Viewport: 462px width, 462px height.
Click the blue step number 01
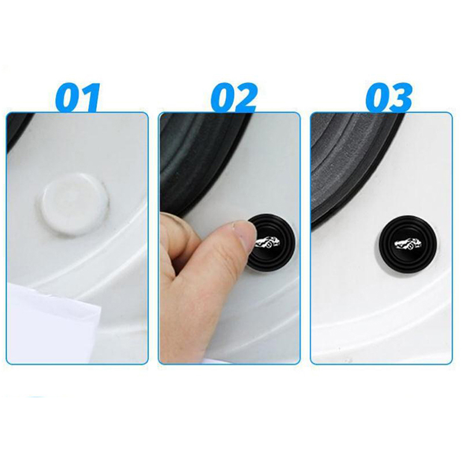(x=78, y=97)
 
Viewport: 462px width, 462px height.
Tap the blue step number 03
(x=389, y=98)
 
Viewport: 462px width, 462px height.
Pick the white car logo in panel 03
(x=408, y=242)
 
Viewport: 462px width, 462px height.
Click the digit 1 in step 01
(x=90, y=98)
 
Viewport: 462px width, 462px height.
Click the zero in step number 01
(x=67, y=98)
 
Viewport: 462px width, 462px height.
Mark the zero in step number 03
(x=377, y=98)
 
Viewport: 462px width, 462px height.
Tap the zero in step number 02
(x=222, y=98)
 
